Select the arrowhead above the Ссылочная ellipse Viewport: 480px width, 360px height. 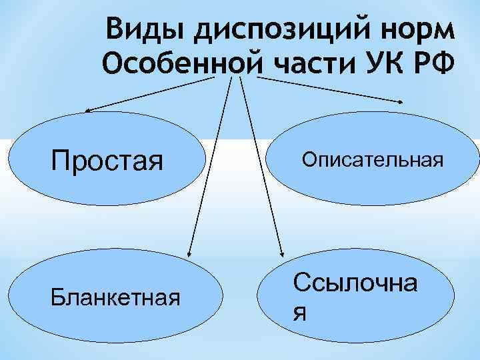tap(281, 253)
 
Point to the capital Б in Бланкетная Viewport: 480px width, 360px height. tap(57, 296)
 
